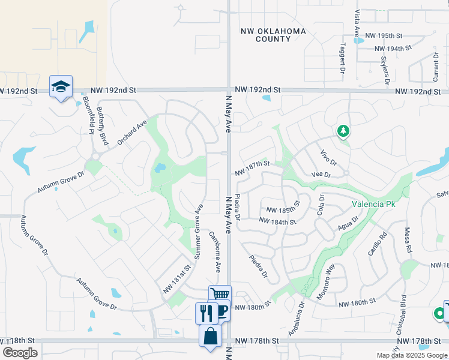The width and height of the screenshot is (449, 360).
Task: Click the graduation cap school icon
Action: pyautogui.click(x=61, y=87)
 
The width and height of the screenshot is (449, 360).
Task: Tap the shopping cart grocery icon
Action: pyautogui.click(x=220, y=295)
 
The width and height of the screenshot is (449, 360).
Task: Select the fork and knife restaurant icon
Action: pyautogui.click(x=206, y=313)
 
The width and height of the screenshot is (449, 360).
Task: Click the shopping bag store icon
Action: pyautogui.click(x=211, y=336)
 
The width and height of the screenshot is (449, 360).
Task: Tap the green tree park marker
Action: pyautogui.click(x=343, y=130)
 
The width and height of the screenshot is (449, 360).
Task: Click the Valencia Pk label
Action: pyautogui.click(x=374, y=204)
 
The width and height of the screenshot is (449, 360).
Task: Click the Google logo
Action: pyautogui.click(x=20, y=353)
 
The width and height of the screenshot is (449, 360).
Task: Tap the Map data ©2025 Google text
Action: pyautogui.click(x=412, y=355)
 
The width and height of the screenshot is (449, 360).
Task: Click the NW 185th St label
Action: pyautogui.click(x=282, y=210)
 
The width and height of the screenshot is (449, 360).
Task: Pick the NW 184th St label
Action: pyautogui.click(x=277, y=221)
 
